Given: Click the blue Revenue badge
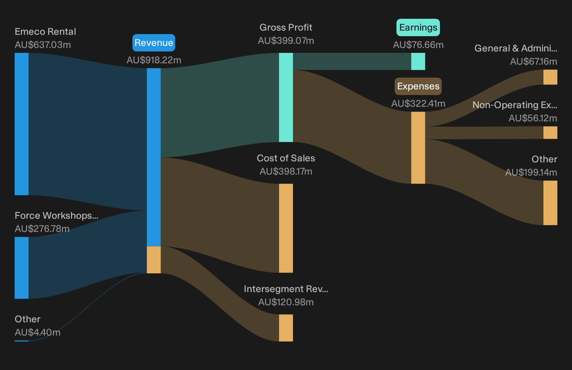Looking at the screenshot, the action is coord(154,42).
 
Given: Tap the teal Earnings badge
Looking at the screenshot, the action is coord(418,27).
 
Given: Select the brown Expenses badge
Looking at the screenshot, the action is coord(418,86).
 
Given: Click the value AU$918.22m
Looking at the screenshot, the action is coord(154,60).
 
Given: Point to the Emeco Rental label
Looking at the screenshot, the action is coord(45,32).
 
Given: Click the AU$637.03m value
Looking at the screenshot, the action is coord(42,45).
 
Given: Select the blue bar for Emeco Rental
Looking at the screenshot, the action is coord(22,124).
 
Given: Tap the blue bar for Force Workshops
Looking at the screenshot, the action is coord(22,268).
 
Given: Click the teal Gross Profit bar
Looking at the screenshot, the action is coord(286,97).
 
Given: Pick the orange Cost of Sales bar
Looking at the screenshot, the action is coord(286,228).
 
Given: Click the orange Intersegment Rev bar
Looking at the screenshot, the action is coord(286,328).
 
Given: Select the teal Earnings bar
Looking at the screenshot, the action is coord(418,61).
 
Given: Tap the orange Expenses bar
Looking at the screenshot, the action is coord(418,148).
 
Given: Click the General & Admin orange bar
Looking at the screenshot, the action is coord(550,77).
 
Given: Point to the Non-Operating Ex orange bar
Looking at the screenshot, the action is coord(550,132).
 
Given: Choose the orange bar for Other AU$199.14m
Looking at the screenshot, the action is coord(550,203).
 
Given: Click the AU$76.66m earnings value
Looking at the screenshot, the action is coord(418,45).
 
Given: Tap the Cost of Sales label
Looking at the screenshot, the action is coord(286,158).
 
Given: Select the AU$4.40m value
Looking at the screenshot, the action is coord(38,332).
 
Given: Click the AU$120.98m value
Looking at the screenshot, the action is coord(286,302).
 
